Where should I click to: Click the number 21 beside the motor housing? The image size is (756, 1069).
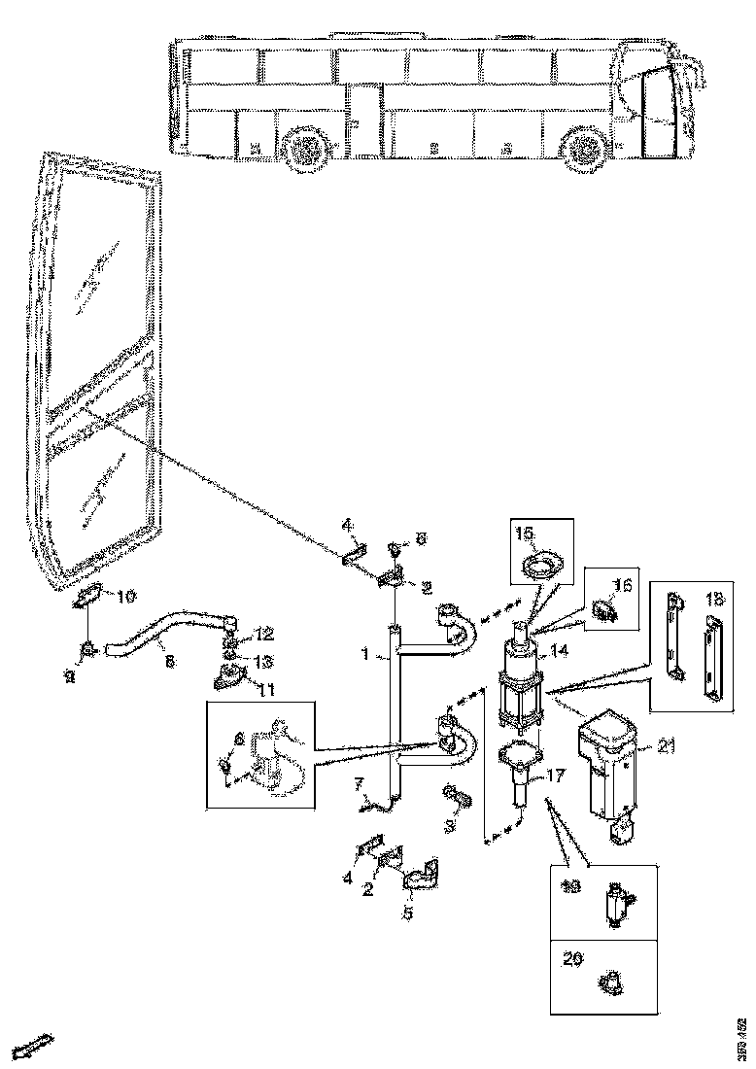click(x=665, y=746)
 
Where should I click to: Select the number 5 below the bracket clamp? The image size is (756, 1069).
click(x=408, y=914)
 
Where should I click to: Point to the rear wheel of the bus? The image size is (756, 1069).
click(x=308, y=151)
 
